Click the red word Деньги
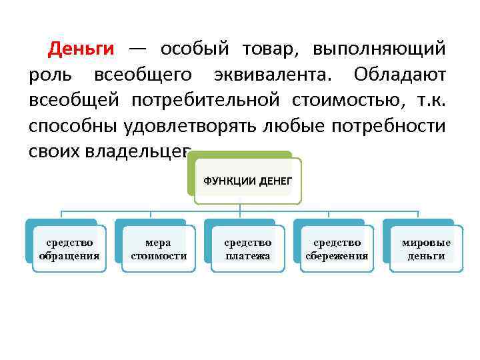[x=81, y=49]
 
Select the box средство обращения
[x=69, y=249]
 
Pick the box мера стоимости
[x=158, y=249]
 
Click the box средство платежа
[x=247, y=249]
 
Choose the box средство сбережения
[x=337, y=249]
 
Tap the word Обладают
[x=400, y=75]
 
